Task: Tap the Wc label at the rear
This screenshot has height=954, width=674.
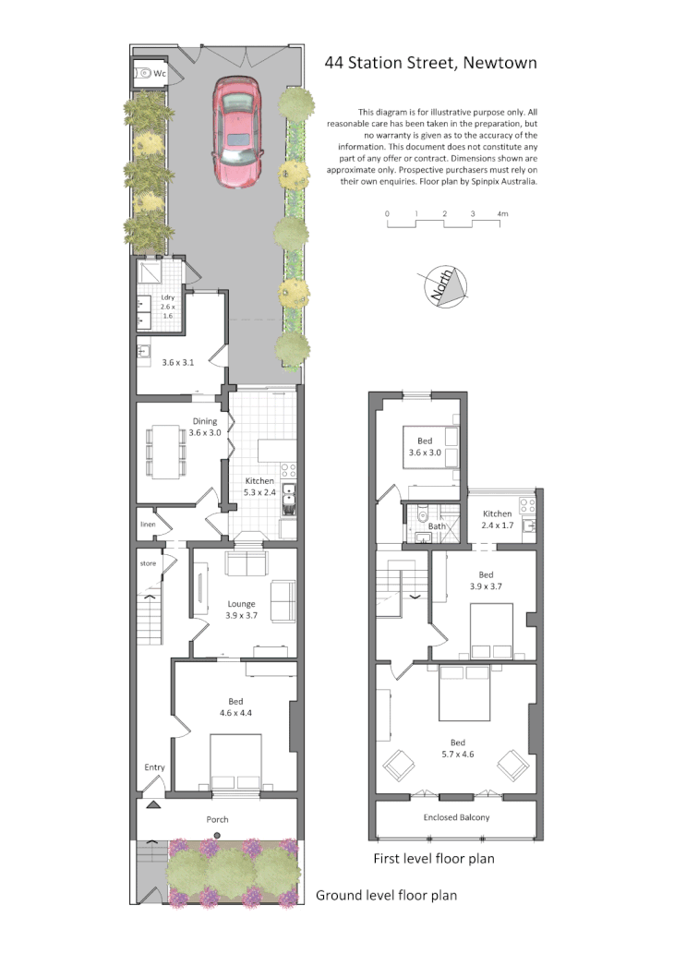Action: tap(160, 72)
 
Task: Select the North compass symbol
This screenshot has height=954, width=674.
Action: tap(443, 286)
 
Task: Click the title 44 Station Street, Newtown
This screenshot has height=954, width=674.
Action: tap(430, 64)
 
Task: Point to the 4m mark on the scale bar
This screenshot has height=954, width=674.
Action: tap(502, 214)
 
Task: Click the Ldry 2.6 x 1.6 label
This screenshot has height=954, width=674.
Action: tap(168, 307)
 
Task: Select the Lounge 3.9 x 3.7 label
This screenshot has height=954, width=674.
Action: tap(241, 610)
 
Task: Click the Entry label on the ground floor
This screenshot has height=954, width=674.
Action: tap(154, 767)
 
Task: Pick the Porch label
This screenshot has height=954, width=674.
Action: tap(217, 819)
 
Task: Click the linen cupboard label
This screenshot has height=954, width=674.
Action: tap(148, 524)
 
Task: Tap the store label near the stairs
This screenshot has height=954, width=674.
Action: tap(148, 562)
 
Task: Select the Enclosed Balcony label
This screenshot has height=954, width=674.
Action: tap(456, 817)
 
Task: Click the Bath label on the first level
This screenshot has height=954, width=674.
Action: tap(437, 526)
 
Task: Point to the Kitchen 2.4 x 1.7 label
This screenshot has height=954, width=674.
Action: tap(498, 519)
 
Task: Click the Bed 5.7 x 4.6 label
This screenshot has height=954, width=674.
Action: tap(457, 748)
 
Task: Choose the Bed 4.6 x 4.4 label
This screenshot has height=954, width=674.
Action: tap(235, 707)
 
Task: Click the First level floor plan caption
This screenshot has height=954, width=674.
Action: tap(433, 859)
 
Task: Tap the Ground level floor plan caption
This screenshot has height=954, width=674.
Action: tap(386, 895)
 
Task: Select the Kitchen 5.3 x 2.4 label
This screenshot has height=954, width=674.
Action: tap(259, 487)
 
